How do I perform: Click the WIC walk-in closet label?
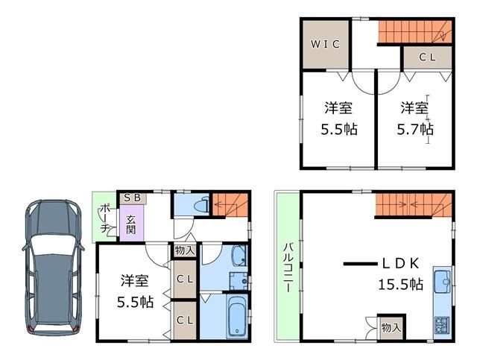click(325, 45)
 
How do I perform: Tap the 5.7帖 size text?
click(415, 130)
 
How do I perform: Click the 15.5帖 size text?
click(401, 285)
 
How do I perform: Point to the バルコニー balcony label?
click(288, 268)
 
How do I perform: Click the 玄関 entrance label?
click(131, 224)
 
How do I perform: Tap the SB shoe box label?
click(133, 198)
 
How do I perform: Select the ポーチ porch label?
click(105, 219)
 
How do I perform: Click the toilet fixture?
click(202, 205)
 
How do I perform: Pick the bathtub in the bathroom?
click(237, 316)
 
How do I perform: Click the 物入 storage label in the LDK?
click(391, 328)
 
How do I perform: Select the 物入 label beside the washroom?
click(185, 250)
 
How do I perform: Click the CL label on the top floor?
click(427, 57)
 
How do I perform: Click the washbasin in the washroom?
click(239, 256)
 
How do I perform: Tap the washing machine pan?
click(238, 281)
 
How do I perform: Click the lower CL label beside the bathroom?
click(185, 320)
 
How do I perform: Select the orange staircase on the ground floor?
click(230, 205)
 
